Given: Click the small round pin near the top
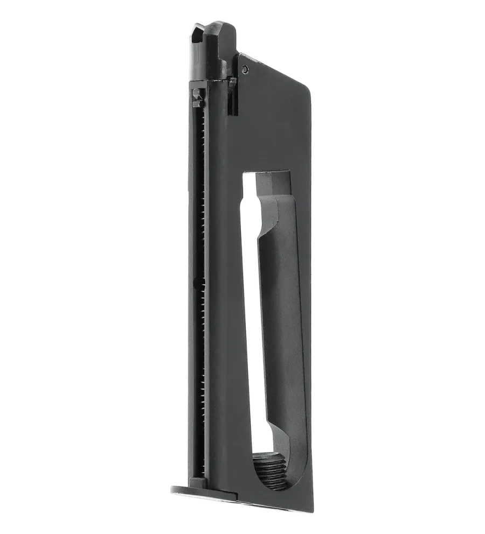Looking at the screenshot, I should click(245, 68).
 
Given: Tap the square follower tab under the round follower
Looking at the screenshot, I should click(196, 101).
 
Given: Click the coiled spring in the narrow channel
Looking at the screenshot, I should click(202, 215).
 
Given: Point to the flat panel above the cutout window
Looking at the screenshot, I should click(269, 135).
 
